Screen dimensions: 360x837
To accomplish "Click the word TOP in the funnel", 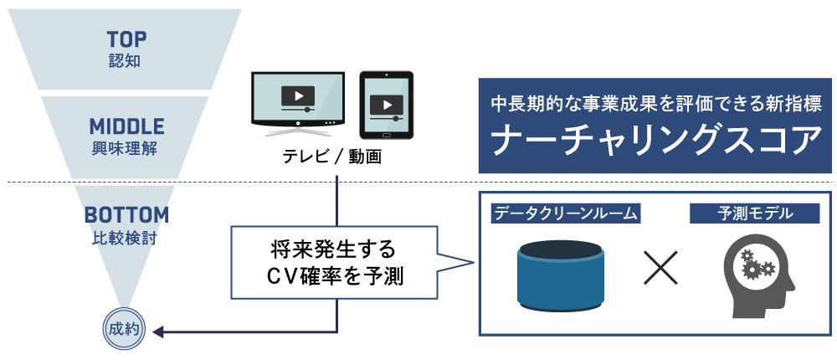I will pos(126,39).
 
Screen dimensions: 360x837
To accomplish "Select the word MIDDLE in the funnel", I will pos(126,127).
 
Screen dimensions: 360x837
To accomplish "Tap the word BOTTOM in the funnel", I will pos(126,215).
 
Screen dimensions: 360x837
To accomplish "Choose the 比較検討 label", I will pos(126,237).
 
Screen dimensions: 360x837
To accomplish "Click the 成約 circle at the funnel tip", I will pos(126,329).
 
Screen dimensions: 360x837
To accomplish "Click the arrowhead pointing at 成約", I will pos(157,333).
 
